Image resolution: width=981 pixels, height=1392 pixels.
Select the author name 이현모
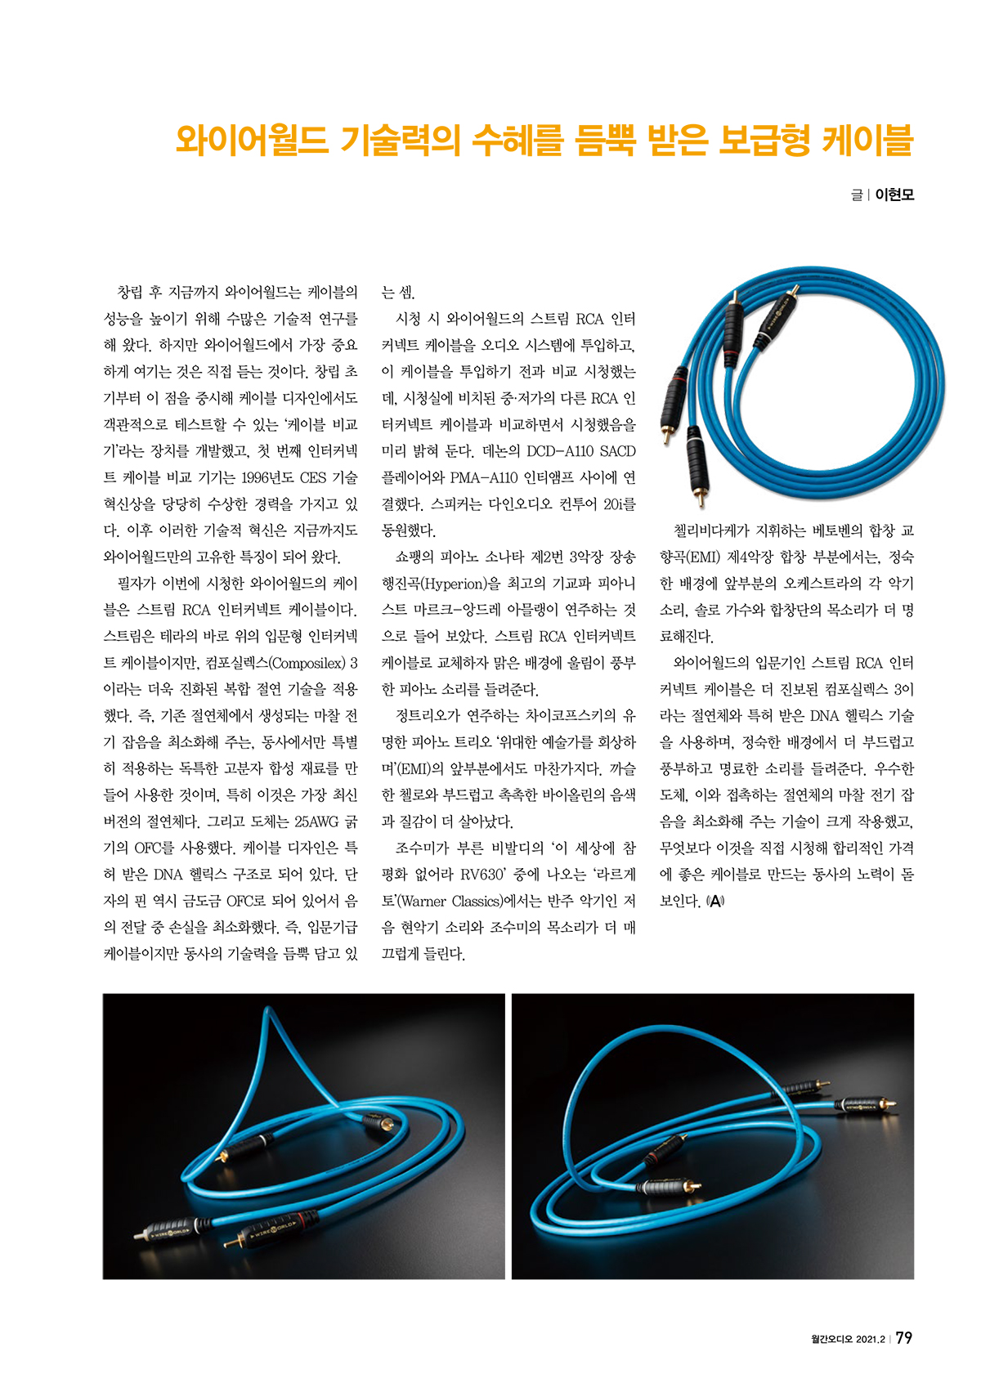894,195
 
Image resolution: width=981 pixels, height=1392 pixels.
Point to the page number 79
904,1338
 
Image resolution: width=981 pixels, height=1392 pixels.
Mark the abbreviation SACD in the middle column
617,451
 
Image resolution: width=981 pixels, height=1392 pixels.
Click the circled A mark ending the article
715,902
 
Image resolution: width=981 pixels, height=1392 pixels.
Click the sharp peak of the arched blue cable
269,1013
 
